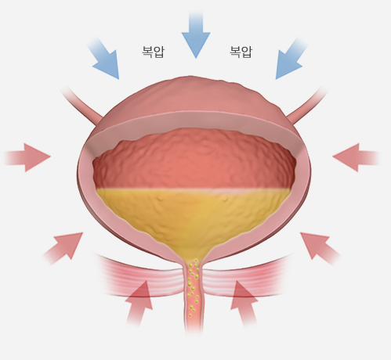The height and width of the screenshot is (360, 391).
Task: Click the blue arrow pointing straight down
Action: (196, 34)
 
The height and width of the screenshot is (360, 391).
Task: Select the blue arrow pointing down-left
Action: (289, 59)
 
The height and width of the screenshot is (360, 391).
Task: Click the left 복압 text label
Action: (153, 52)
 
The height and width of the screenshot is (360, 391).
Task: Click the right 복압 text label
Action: (241, 52)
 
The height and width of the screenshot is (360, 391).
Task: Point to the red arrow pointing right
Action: (27, 157)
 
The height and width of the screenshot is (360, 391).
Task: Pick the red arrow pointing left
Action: (356, 157)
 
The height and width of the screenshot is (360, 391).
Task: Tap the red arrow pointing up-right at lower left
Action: (64, 248)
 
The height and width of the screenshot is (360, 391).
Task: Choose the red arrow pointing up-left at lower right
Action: (320, 248)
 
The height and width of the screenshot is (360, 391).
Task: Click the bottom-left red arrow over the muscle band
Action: (139, 303)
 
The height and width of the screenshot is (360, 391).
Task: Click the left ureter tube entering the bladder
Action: (81, 104)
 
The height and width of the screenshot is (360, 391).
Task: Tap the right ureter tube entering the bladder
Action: (308, 104)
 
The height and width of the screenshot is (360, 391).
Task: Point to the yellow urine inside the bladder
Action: (194, 214)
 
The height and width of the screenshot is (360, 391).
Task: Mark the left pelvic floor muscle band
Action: (141, 276)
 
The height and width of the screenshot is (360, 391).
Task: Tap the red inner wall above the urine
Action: (194, 159)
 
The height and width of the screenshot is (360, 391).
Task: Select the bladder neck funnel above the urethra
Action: (194, 252)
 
